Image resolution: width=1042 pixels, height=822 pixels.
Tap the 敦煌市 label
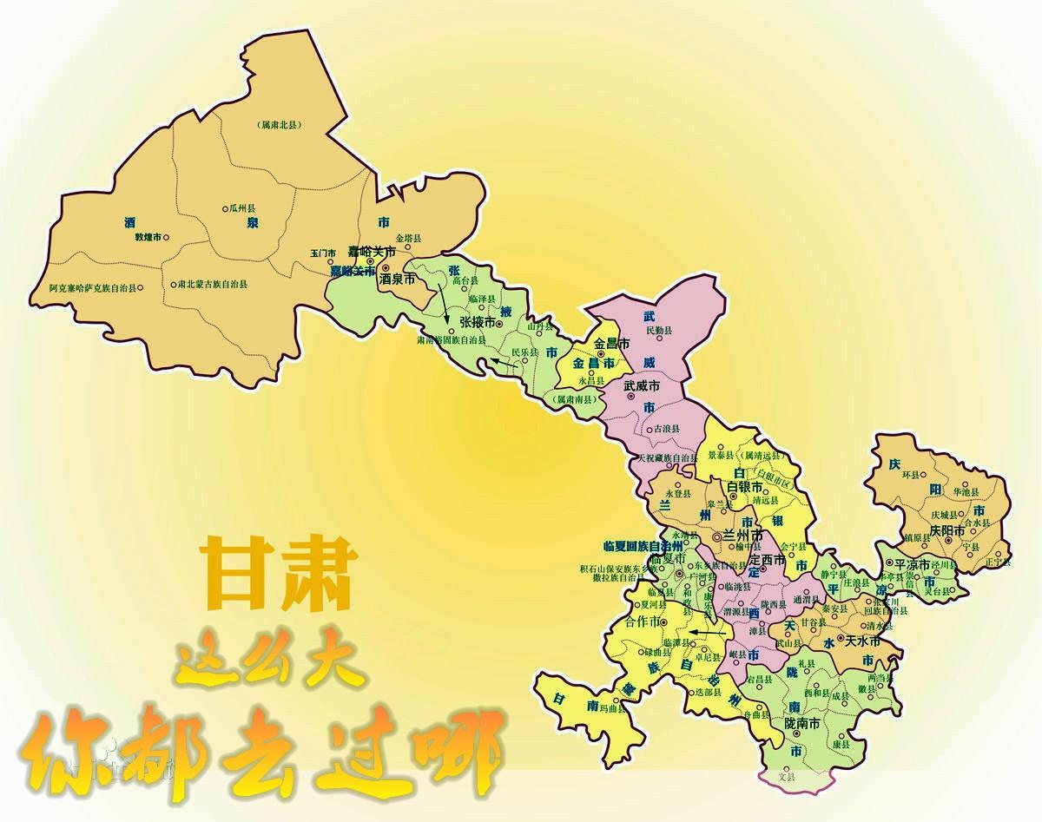[x=148, y=237]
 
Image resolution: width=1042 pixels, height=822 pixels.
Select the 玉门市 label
[x=322, y=253]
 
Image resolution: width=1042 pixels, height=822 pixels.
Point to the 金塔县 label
[x=408, y=238]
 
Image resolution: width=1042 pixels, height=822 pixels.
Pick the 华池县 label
[x=967, y=491]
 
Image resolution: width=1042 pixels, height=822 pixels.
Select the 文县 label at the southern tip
[x=787, y=777]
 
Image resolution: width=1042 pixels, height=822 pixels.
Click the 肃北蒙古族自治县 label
[x=213, y=284]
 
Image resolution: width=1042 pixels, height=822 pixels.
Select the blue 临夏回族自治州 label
[x=643, y=547]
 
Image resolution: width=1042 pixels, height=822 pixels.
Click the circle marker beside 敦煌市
[x=167, y=237]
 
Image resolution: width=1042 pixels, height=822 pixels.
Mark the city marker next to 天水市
[x=840, y=640]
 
